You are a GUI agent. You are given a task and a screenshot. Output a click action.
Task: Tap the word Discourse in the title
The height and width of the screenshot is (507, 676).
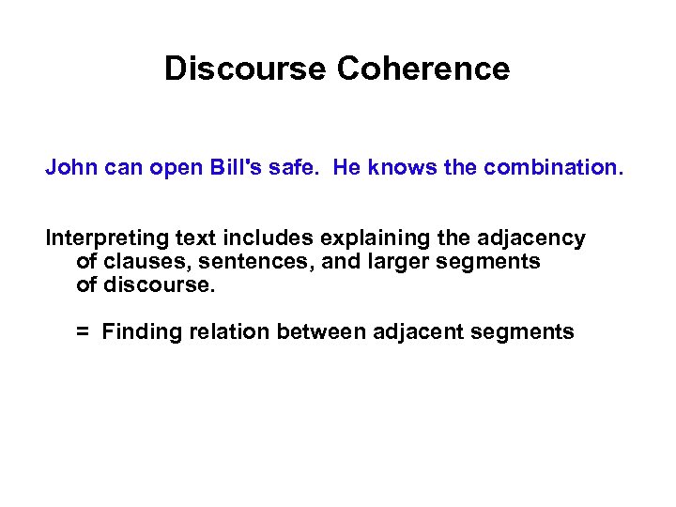coord(245,69)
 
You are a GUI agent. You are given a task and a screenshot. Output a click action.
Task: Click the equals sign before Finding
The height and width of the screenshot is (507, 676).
coord(83,331)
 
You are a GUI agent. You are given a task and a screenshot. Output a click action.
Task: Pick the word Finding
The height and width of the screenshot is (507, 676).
coord(137,331)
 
